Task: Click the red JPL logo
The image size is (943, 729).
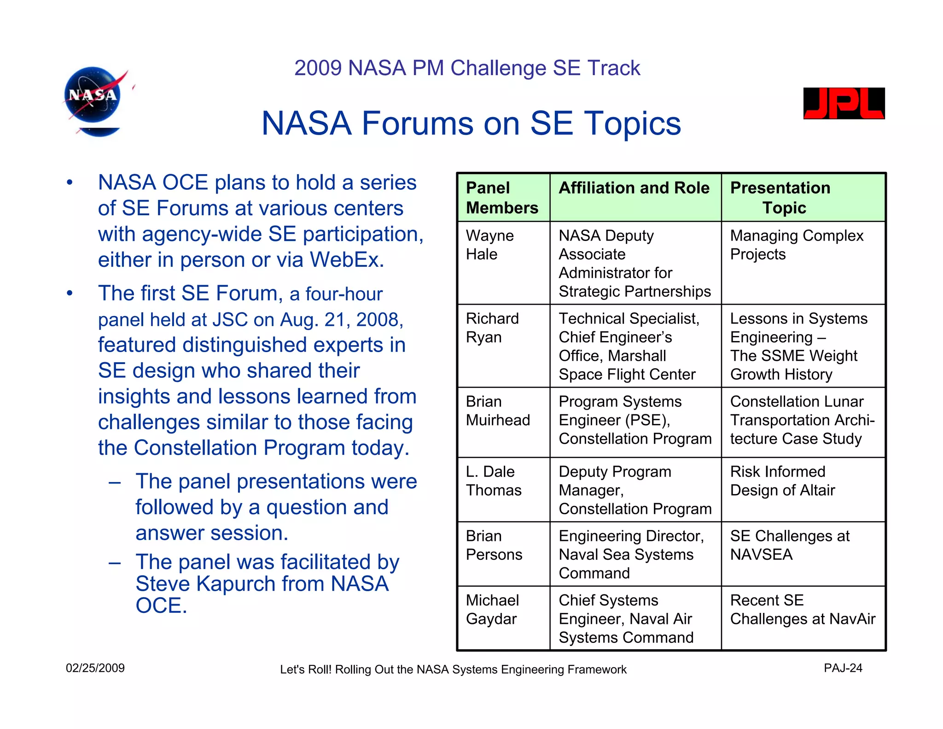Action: [844, 103]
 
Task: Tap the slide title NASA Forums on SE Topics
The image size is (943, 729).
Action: [471, 123]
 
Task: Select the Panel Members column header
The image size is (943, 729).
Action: [502, 198]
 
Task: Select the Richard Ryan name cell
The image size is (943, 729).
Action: [492, 328]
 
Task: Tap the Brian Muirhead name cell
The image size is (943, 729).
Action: [497, 411]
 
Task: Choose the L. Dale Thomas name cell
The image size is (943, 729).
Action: [494, 481]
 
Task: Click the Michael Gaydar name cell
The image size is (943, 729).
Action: [492, 609]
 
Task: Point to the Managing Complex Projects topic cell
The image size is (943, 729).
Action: [797, 245]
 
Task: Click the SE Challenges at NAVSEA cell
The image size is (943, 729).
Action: [789, 545]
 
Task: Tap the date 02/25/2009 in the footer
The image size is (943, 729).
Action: [95, 668]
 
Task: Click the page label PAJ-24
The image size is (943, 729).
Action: [843, 668]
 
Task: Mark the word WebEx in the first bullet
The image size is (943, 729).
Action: [346, 260]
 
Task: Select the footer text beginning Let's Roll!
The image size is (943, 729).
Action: [453, 670]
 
